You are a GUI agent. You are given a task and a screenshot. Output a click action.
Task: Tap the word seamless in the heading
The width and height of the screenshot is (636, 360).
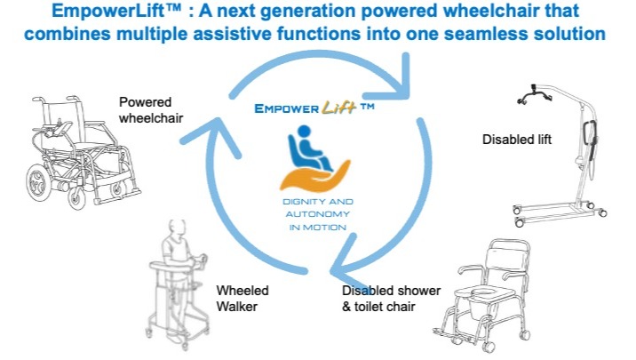[x=487, y=33]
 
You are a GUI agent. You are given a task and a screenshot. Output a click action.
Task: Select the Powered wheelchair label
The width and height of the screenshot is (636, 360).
[x=151, y=109]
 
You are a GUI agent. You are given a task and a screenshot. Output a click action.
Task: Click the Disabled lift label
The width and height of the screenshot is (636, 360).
[x=517, y=140]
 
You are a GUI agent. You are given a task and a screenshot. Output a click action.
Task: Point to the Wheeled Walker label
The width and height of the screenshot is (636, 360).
[x=242, y=298]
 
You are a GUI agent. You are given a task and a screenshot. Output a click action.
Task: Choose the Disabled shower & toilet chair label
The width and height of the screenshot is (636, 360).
[x=391, y=298]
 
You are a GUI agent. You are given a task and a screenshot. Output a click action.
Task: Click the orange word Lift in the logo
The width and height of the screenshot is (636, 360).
[x=339, y=108]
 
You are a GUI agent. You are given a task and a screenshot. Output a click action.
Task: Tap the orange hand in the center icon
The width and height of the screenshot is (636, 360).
[x=315, y=177]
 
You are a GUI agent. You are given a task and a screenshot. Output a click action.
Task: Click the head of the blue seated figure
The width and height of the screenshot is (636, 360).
[x=304, y=131]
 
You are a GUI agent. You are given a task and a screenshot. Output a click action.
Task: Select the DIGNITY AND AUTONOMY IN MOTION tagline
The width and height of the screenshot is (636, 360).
[x=318, y=214]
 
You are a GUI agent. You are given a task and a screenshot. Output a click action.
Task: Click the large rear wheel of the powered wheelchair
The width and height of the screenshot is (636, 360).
[x=37, y=182]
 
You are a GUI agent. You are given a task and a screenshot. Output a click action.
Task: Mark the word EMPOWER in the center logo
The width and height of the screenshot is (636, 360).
[x=286, y=108]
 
